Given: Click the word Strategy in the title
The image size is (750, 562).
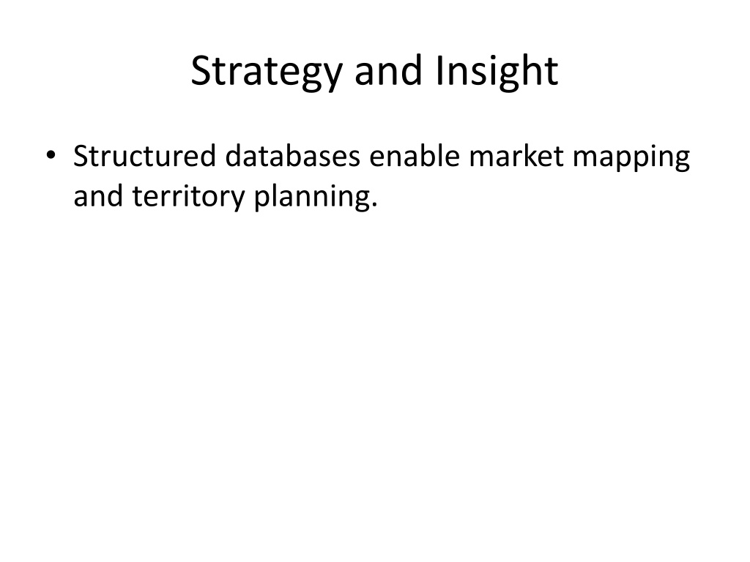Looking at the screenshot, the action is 267,72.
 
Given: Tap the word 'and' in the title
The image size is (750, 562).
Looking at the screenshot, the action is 388,70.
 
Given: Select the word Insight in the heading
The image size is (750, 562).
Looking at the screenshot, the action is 497,72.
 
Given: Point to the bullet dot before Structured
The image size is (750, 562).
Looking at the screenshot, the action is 51,155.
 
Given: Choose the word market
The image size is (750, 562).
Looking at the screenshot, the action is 516,156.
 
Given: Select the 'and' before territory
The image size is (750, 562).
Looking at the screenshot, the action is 97,195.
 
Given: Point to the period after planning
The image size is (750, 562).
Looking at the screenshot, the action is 374,205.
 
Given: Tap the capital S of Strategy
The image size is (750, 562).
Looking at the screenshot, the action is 201,70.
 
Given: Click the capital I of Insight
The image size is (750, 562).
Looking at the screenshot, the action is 439,70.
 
